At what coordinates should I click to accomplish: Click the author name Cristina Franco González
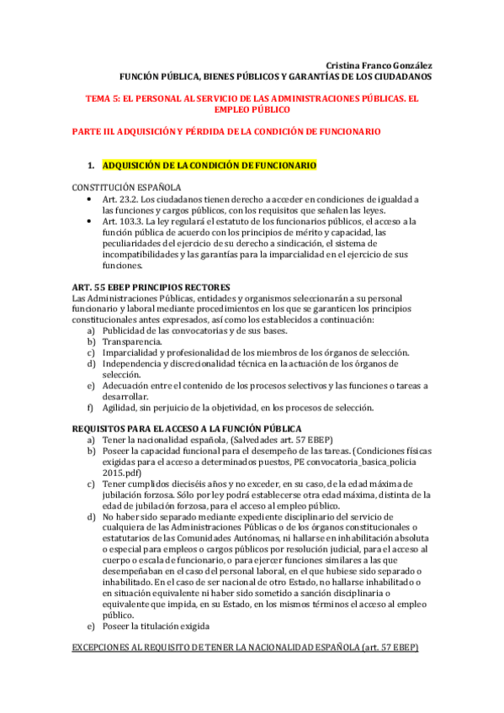(x=379, y=65)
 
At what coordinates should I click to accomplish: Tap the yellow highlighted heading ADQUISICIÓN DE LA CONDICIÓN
(x=209, y=166)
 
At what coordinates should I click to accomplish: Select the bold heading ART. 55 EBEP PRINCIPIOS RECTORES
(x=151, y=288)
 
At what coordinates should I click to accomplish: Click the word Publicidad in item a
(x=125, y=331)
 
